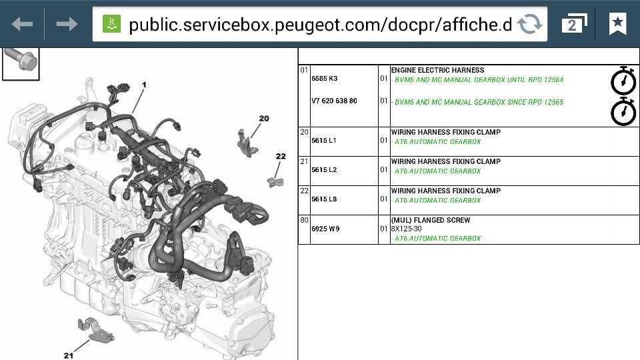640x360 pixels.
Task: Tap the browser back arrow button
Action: click(x=23, y=24)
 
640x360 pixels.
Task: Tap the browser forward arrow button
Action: click(x=67, y=24)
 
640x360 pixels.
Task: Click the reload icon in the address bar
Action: click(x=530, y=24)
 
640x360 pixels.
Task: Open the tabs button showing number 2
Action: click(x=574, y=23)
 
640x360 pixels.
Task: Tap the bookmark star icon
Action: click(x=617, y=23)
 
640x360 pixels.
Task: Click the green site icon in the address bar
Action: click(x=111, y=24)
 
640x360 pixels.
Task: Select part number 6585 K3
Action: click(x=325, y=79)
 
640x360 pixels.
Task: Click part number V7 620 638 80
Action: click(x=334, y=101)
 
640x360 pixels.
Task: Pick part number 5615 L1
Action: click(x=324, y=141)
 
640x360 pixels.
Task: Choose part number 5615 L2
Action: click(x=324, y=170)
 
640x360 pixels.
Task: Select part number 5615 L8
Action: click(x=324, y=199)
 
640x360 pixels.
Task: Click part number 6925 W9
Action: click(x=326, y=229)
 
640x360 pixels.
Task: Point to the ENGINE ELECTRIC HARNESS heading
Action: click(x=437, y=70)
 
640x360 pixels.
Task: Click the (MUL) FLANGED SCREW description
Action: click(x=431, y=220)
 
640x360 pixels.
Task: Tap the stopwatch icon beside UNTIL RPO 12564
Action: click(x=623, y=81)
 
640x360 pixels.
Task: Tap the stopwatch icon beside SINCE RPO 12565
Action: click(x=623, y=111)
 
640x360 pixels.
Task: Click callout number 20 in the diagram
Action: click(x=264, y=119)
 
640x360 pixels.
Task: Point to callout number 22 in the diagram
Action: click(x=281, y=156)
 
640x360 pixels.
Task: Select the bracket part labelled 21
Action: click(x=95, y=330)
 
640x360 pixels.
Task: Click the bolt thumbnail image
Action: click(x=21, y=64)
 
